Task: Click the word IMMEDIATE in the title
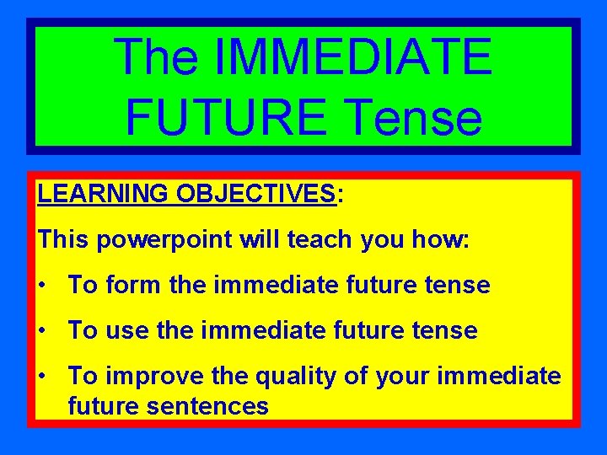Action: click(353, 57)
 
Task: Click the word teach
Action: click(321, 239)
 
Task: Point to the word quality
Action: click(290, 377)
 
